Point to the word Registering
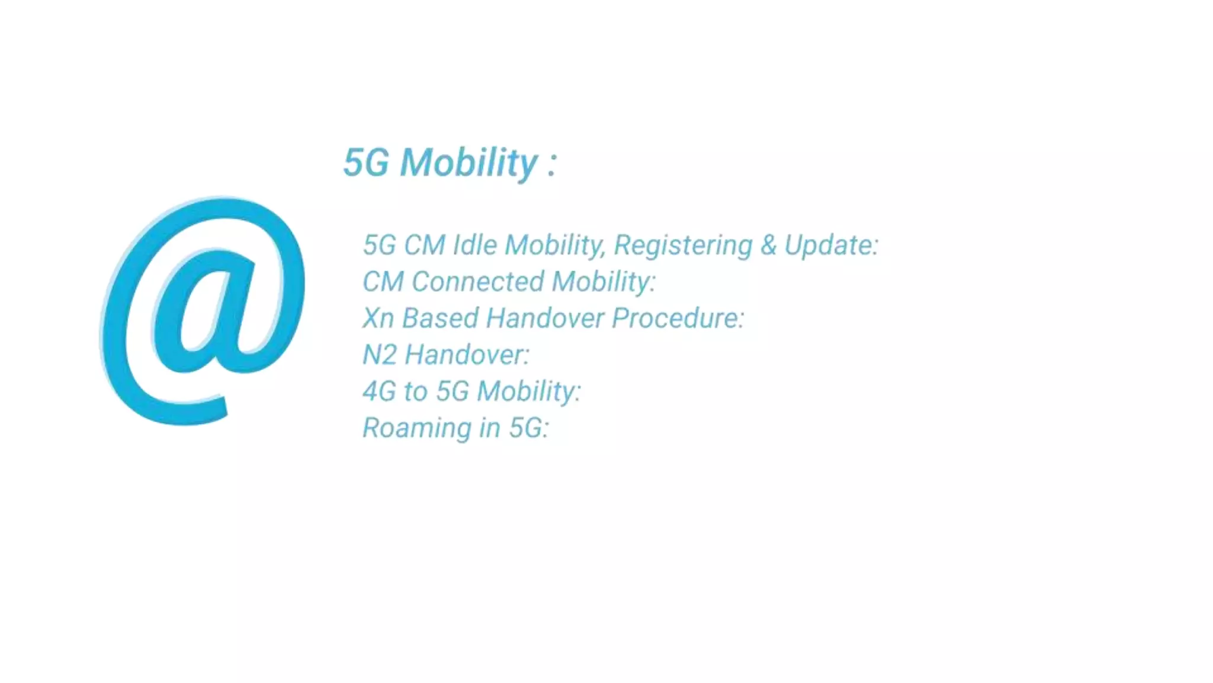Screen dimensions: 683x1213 [x=683, y=245]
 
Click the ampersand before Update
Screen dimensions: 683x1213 [x=768, y=245]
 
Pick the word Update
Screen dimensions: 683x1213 [x=831, y=245]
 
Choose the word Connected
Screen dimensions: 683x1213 [x=477, y=282]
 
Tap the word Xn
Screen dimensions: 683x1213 [x=378, y=318]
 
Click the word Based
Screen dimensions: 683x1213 [x=440, y=318]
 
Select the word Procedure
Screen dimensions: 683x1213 [x=678, y=318]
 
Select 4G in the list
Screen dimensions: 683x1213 [x=379, y=391]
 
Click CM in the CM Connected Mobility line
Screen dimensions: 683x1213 [x=383, y=282]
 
